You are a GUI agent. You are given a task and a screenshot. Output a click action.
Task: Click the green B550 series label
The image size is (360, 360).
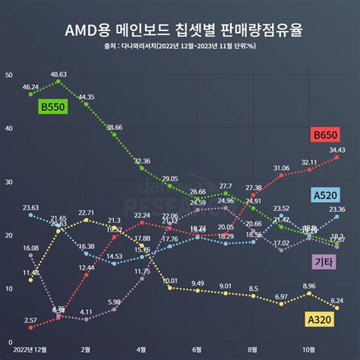pos(53,108)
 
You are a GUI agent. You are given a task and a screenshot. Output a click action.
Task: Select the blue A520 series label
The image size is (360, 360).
pos(326,195)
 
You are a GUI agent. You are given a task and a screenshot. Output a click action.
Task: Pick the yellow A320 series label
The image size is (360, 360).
pos(321,320)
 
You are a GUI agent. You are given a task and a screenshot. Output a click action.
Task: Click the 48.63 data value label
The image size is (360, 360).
pos(58,74)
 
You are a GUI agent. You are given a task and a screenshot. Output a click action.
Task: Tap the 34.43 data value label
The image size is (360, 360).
pos(337,150)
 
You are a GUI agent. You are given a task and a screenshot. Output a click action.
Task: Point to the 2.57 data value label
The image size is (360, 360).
pos(30,321)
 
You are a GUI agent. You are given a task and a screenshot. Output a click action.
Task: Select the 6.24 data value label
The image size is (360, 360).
pos(336,300)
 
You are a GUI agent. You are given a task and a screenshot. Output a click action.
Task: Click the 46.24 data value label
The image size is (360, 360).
pos(31,87)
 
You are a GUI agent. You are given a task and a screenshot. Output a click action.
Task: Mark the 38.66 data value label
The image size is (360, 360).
pos(115,127)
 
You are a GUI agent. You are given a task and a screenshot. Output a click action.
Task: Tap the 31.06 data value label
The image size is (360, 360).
pos(282,167)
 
